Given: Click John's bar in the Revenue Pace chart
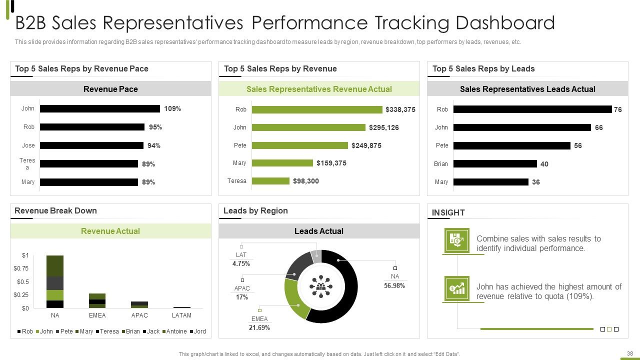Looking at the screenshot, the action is pyautogui.click(x=99, y=108).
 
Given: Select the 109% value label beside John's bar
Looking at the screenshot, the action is pyautogui.click(x=172, y=108).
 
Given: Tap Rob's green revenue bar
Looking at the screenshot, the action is pyautogui.click(x=317, y=109).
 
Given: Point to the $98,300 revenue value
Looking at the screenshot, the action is pyautogui.click(x=305, y=181).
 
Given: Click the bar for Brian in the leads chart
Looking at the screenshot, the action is pyautogui.click(x=495, y=163).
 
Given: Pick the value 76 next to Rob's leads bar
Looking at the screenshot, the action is pyautogui.click(x=617, y=109).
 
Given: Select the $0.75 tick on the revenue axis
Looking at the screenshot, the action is pyautogui.click(x=21, y=268).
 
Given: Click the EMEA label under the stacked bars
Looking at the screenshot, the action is pyautogui.click(x=97, y=315).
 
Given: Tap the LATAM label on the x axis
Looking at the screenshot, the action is pyautogui.click(x=181, y=315).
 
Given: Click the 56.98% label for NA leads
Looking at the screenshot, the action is pyautogui.click(x=394, y=285).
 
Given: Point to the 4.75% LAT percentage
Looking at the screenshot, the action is pyautogui.click(x=241, y=263).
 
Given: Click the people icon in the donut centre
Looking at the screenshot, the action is pyautogui.click(x=321, y=286).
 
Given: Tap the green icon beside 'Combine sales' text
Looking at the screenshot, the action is pyautogui.click(x=457, y=240).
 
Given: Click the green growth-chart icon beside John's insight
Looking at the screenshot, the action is pyautogui.click(x=457, y=288).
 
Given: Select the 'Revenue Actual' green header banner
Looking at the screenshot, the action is pyautogui.click(x=110, y=231).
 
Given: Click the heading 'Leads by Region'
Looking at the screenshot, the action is pyautogui.click(x=255, y=210).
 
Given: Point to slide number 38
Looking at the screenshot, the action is pyautogui.click(x=630, y=353).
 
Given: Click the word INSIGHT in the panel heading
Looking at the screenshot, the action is pyautogui.click(x=448, y=212).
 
